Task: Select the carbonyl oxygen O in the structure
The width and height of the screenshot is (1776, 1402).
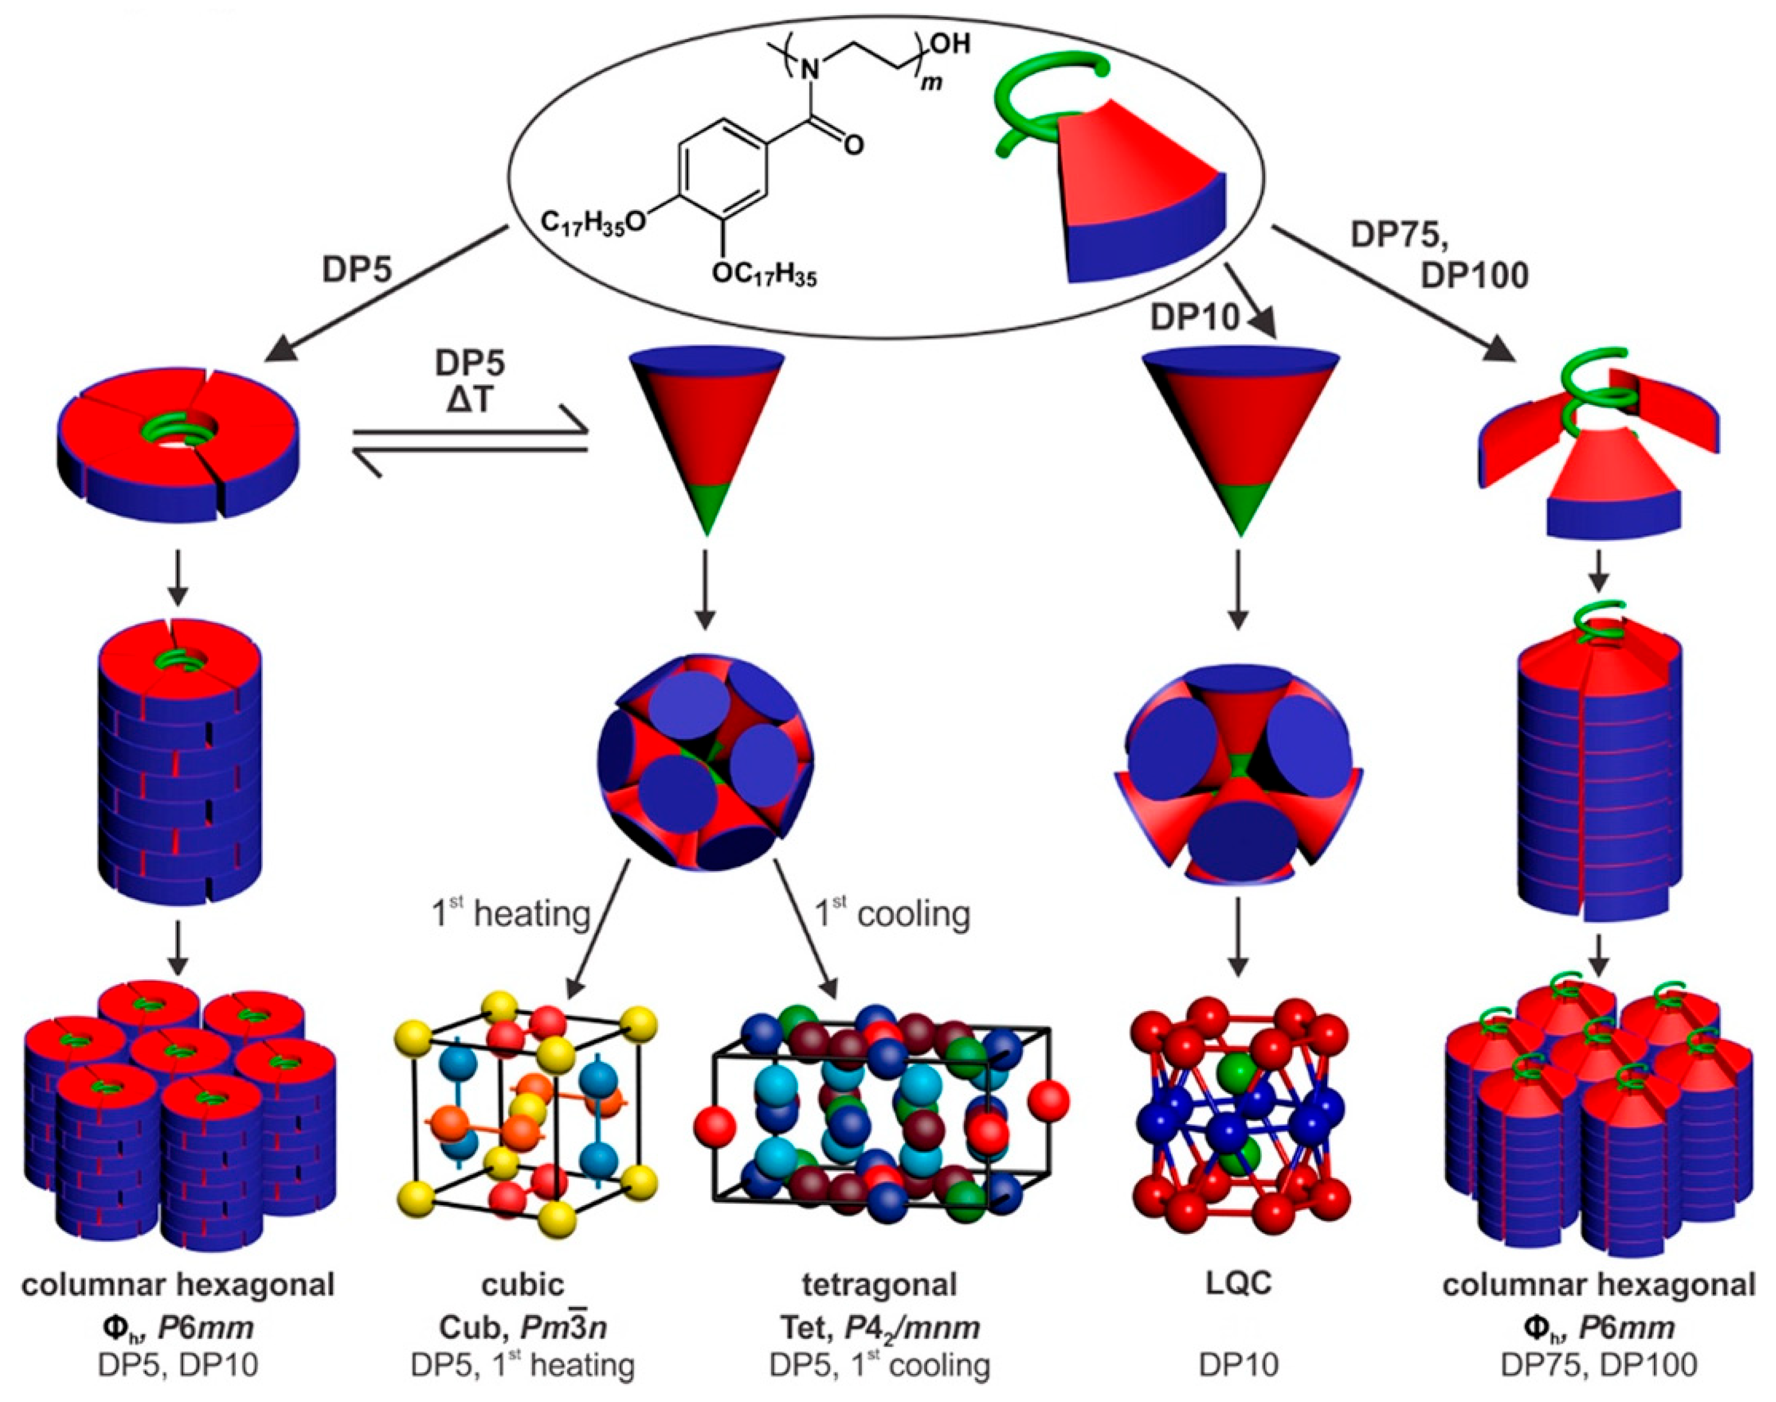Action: [854, 146]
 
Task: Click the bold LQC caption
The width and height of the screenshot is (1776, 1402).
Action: [1239, 1283]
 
